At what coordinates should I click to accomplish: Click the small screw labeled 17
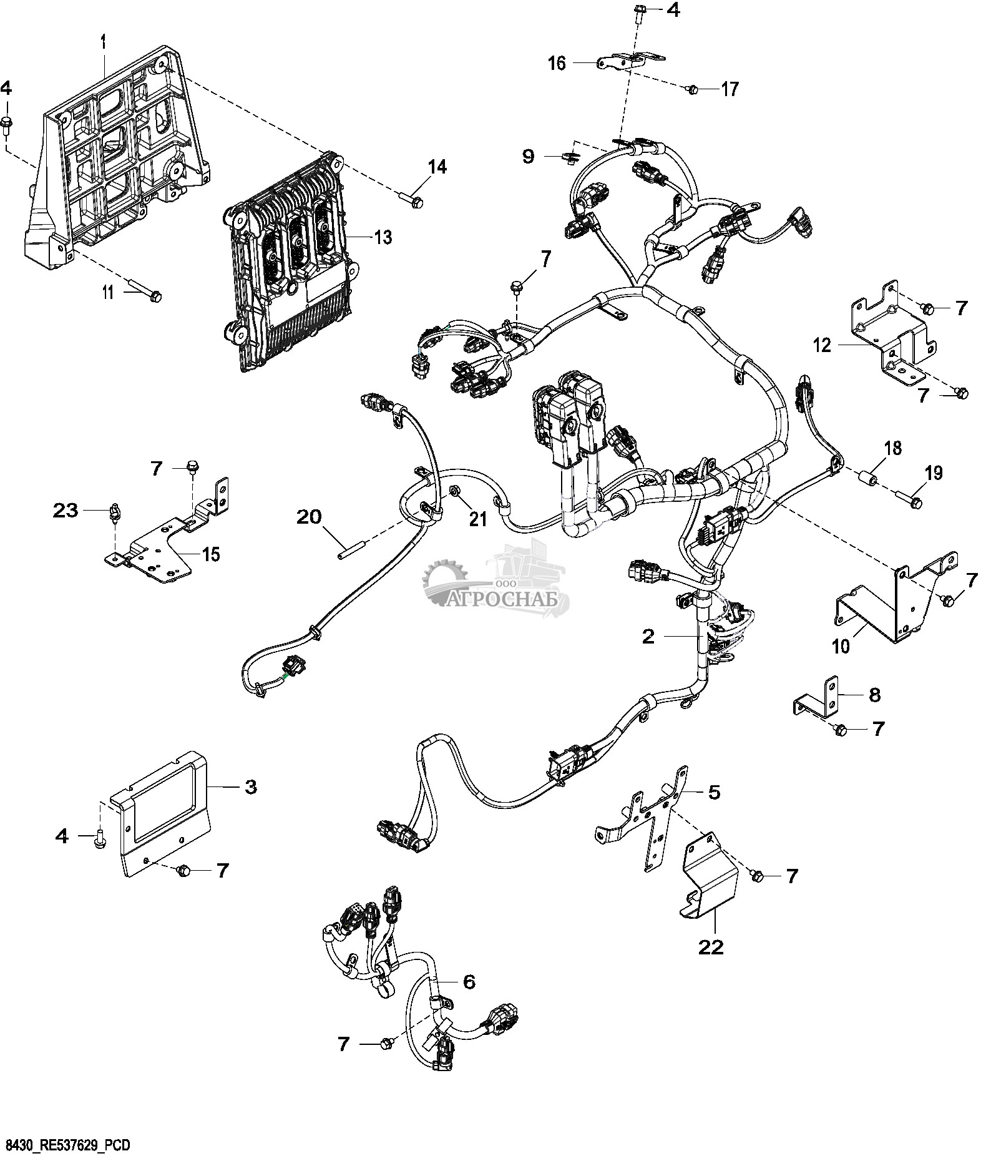point(692,91)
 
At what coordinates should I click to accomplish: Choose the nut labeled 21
point(456,493)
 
